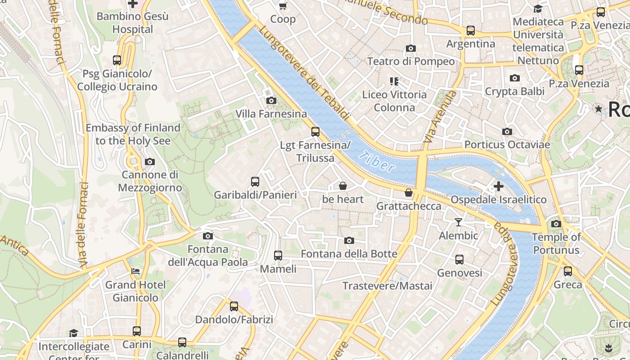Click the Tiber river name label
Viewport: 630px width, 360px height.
point(377,162)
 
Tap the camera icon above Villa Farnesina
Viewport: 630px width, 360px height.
point(271,100)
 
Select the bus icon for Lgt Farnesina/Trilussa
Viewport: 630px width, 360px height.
point(315,132)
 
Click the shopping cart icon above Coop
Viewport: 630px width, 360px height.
point(283,6)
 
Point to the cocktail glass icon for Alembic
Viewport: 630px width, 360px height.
point(459,222)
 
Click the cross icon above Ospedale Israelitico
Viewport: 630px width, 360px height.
point(499,186)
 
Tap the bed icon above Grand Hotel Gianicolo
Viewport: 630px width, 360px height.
point(135,271)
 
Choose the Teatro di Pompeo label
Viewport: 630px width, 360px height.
point(411,61)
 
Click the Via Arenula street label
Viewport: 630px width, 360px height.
point(441,117)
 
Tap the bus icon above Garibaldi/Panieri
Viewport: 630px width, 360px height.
point(255,182)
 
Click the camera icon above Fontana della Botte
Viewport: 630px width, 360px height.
point(349,241)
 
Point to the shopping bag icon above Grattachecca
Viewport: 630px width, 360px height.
point(409,193)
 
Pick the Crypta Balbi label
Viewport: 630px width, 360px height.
point(515,91)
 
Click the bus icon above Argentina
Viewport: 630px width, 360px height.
point(471,31)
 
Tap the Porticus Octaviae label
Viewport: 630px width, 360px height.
point(507,145)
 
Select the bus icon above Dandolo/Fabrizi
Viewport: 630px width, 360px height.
point(234,306)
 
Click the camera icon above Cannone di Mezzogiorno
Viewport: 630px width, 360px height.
point(150,162)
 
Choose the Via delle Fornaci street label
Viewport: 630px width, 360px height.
point(82,225)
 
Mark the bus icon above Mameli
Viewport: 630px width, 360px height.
point(278,256)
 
